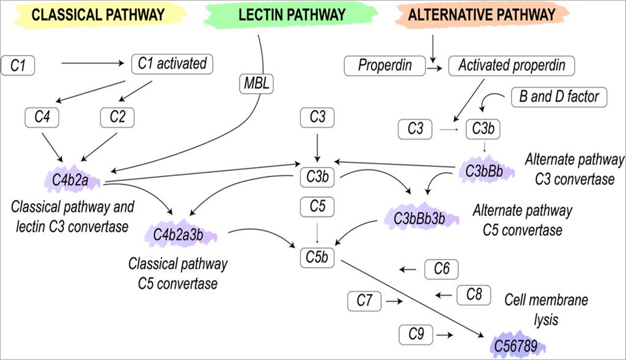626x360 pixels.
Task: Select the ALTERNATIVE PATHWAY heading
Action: click(483, 15)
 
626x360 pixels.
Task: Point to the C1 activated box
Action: click(173, 63)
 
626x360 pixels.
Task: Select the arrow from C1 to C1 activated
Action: click(93, 63)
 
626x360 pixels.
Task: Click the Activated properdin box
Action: click(512, 65)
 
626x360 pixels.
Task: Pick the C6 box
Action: click(442, 269)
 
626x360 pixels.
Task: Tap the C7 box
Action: click(364, 301)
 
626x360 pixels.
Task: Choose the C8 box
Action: click(473, 295)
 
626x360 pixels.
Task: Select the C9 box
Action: click(416, 334)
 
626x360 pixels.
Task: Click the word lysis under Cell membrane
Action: click(546, 319)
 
